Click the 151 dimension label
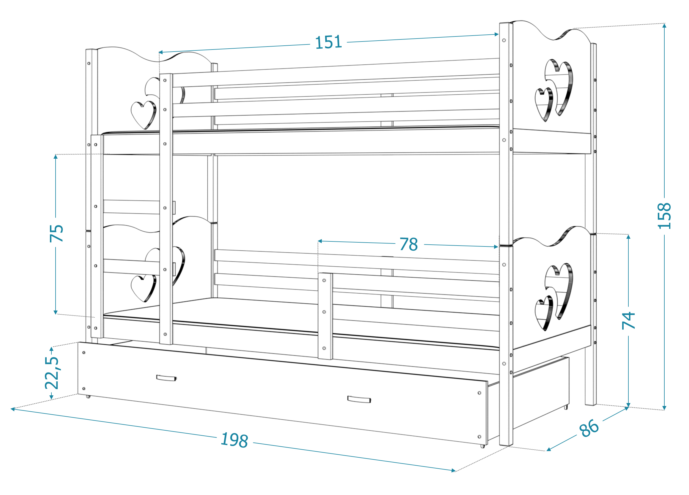click(328, 42)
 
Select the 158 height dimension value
click(664, 216)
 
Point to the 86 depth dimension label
click(589, 428)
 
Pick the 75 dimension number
click(56, 233)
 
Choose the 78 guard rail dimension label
click(409, 244)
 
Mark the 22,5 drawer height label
click(52, 373)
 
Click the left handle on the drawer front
click(166, 378)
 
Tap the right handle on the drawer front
click(359, 399)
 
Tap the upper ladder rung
click(131, 207)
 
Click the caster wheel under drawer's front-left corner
click(88, 397)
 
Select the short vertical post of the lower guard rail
click(325, 316)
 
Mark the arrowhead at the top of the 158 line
click(664, 26)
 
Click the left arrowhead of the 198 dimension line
click(13, 409)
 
